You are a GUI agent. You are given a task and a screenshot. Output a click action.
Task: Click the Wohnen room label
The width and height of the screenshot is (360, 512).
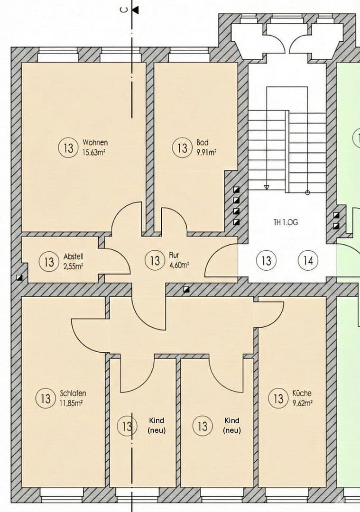coord(95,142)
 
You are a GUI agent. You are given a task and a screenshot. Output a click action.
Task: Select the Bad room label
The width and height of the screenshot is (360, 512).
coord(202,142)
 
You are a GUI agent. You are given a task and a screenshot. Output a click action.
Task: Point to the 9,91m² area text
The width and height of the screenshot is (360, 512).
coord(206,152)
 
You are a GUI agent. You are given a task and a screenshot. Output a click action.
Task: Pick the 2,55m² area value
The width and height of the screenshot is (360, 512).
coord(73,266)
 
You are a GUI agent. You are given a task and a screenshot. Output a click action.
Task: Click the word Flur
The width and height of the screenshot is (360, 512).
coord(174,255)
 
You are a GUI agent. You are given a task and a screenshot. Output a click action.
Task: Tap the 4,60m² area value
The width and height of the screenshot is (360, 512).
coord(179,265)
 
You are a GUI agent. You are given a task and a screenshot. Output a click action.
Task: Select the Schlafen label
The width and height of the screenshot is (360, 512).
coord(73,393)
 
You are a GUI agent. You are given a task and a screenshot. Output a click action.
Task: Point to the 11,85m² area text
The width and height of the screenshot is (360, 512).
coord(72,403)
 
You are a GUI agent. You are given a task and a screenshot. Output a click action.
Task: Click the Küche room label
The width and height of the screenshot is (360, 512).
coord(302,393)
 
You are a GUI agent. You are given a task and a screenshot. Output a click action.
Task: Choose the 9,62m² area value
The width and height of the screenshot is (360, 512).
coord(302,403)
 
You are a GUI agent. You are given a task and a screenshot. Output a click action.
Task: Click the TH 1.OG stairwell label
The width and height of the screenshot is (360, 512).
coord(286,222)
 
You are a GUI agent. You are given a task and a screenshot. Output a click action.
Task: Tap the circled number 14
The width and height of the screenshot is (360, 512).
coord(308,260)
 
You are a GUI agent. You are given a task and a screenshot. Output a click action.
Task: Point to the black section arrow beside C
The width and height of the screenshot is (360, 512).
coord(136,10)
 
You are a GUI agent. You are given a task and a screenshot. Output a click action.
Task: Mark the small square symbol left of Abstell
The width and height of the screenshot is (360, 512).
coord(19,278)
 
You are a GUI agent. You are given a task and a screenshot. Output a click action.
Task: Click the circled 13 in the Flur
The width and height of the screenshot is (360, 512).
coord(155,260)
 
